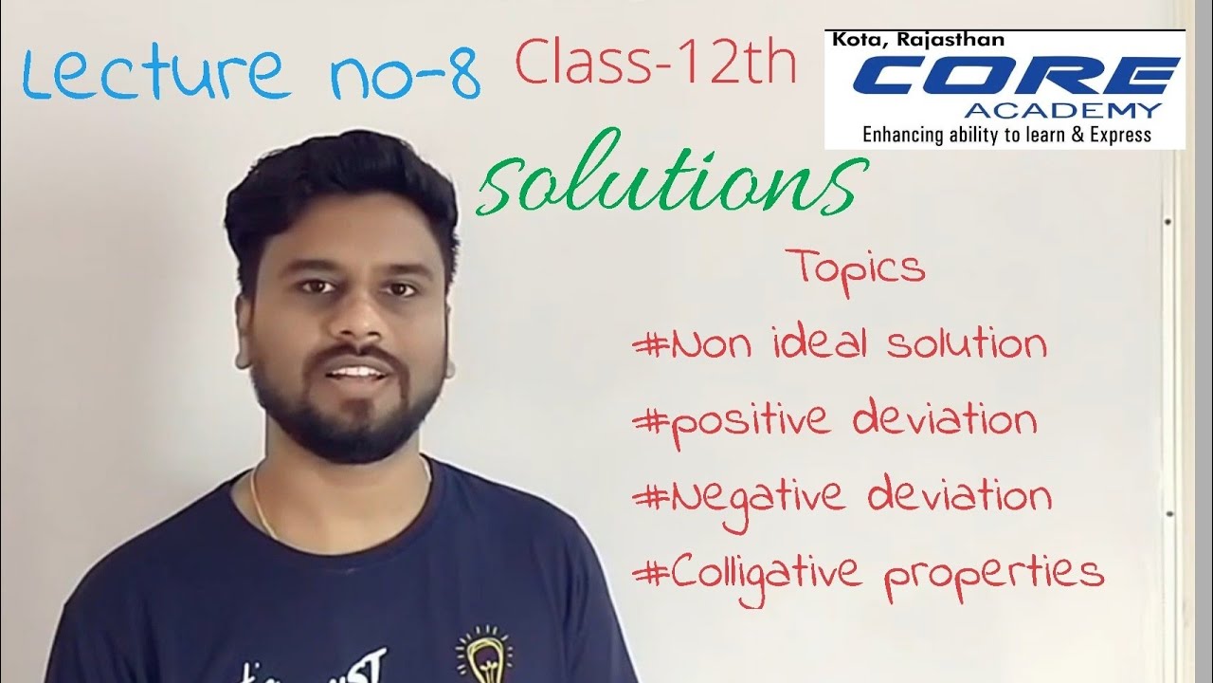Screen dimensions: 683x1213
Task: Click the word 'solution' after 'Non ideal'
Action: tap(967, 343)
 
